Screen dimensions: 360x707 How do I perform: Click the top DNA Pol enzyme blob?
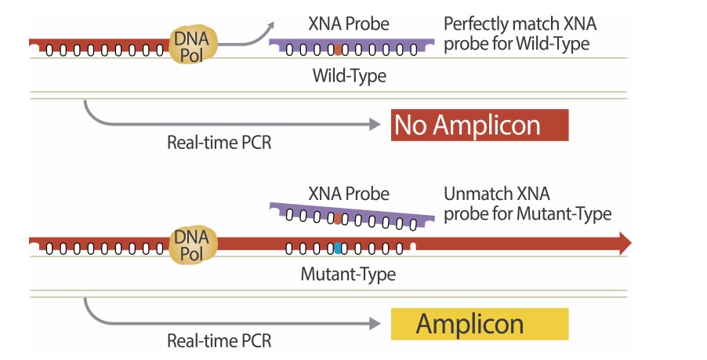pos(192,45)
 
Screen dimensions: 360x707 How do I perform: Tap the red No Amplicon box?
pos(480,125)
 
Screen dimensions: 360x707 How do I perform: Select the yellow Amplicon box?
pos(480,324)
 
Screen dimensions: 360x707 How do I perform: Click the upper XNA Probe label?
pos(349,24)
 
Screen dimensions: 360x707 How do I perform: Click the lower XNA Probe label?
pos(349,193)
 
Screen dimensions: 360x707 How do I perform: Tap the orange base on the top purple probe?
pos(338,51)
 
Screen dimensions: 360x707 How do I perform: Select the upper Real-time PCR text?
pos(219,143)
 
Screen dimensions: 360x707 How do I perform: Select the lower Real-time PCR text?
pos(219,341)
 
